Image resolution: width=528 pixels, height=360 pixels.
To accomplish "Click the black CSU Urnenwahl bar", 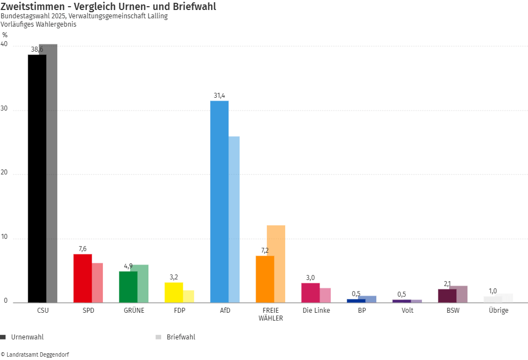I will click(x=37, y=178).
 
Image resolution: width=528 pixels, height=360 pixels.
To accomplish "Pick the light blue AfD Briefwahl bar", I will click(x=234, y=219).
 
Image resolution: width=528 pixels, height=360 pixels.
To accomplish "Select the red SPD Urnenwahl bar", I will click(x=82, y=278).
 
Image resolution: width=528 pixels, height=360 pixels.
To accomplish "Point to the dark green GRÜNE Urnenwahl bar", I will click(x=128, y=287).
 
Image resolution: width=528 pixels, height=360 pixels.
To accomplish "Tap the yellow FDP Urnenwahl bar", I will click(x=173, y=292).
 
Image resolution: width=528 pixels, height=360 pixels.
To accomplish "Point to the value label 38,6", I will click(x=37, y=49).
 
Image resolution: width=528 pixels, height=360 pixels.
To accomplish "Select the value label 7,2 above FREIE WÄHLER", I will click(x=265, y=251).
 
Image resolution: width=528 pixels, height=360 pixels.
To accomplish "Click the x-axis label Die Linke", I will click(x=316, y=311).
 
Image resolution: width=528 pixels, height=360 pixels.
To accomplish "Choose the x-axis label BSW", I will click(x=453, y=311).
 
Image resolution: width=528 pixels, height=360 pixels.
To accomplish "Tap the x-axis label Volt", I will click(x=407, y=311).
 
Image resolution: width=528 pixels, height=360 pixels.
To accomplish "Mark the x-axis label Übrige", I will click(x=499, y=311).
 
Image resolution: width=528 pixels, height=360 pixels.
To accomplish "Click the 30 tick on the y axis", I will click(x=4, y=109).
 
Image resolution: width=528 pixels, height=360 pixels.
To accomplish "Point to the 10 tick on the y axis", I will click(x=4, y=238).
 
